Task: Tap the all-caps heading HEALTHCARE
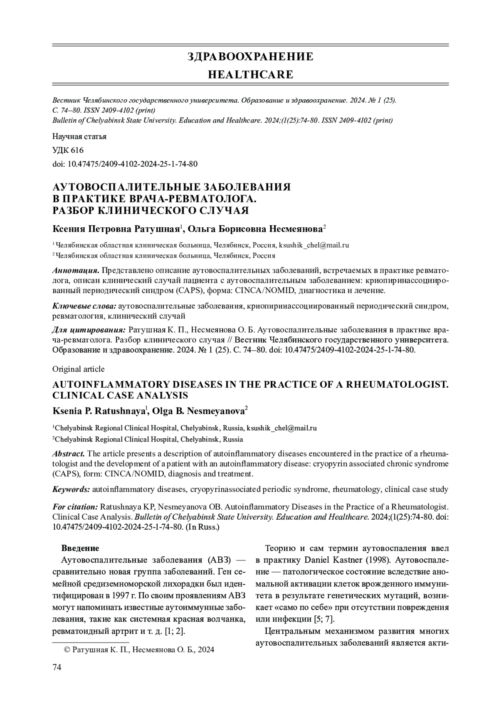(250, 75)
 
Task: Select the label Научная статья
(79, 136)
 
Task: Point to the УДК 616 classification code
(68, 150)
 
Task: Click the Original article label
(78, 369)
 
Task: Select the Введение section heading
(80, 548)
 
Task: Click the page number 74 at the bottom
(57, 667)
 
